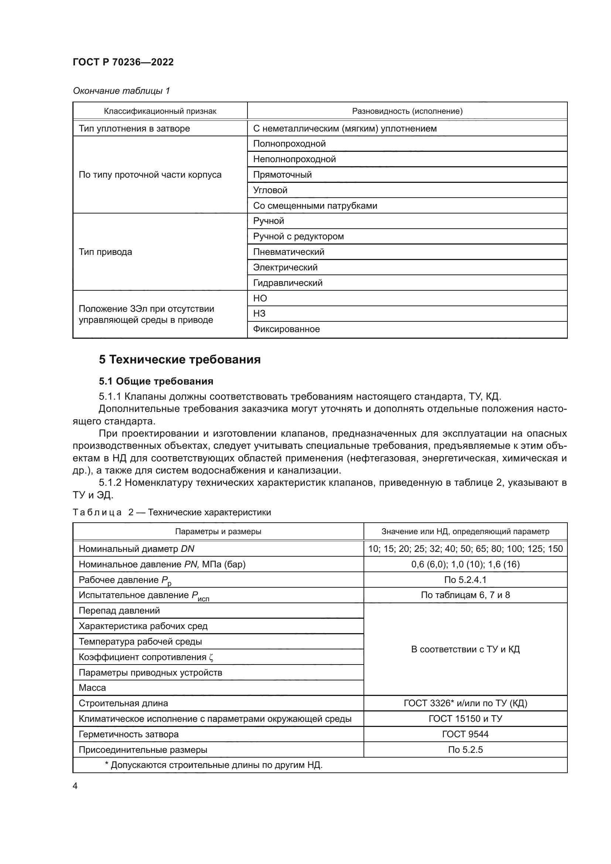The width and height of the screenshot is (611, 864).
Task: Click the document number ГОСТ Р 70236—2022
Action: pos(123,62)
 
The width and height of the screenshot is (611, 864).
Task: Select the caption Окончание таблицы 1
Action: pos(121,91)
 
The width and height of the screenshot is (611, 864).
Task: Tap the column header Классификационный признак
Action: pos(160,111)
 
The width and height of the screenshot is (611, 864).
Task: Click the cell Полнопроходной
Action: pos(289,144)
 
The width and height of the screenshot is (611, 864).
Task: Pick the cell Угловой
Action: pos(270,190)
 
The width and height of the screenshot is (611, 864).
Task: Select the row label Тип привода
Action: pos(105,252)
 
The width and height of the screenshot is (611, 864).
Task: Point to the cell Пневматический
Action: pos(289,252)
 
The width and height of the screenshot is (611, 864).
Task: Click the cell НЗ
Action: pos(259,314)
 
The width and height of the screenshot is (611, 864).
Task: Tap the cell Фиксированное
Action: pos(286,329)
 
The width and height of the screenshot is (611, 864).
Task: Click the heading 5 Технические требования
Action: pos(180,360)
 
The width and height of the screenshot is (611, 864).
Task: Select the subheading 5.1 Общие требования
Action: pos(156,381)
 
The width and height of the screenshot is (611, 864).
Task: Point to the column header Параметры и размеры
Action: pos(218,531)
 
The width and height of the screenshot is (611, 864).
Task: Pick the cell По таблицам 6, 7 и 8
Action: pos(465,595)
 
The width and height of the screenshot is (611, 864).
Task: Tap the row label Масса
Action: pos(92,688)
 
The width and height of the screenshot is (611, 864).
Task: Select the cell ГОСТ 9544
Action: pos(465,734)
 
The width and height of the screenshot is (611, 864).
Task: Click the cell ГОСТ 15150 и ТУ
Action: pos(465,719)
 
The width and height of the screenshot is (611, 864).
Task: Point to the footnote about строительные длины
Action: pos(213,765)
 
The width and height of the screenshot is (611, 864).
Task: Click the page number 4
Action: pos(75,786)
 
